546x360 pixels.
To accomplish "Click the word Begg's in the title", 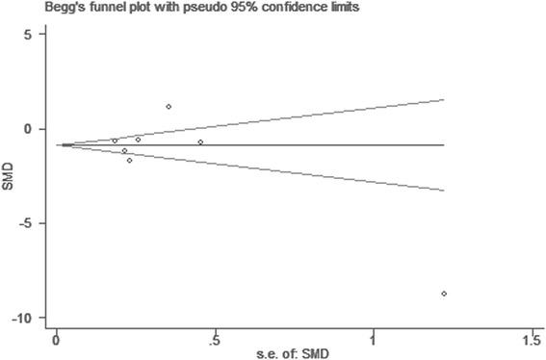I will click(21, 10).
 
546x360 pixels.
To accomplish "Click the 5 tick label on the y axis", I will click(29, 35).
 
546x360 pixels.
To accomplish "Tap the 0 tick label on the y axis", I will click(29, 129).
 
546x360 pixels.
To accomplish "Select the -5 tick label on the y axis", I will click(27, 223).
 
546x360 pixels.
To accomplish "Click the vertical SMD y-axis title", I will click(9, 177).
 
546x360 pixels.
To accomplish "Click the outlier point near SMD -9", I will click(444, 294).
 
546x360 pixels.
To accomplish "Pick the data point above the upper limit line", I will click(169, 107).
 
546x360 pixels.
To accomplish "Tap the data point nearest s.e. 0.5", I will click(200, 141).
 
